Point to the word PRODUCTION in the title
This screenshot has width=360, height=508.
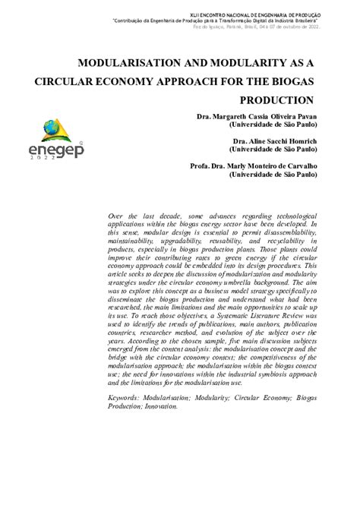click(x=276, y=100)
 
